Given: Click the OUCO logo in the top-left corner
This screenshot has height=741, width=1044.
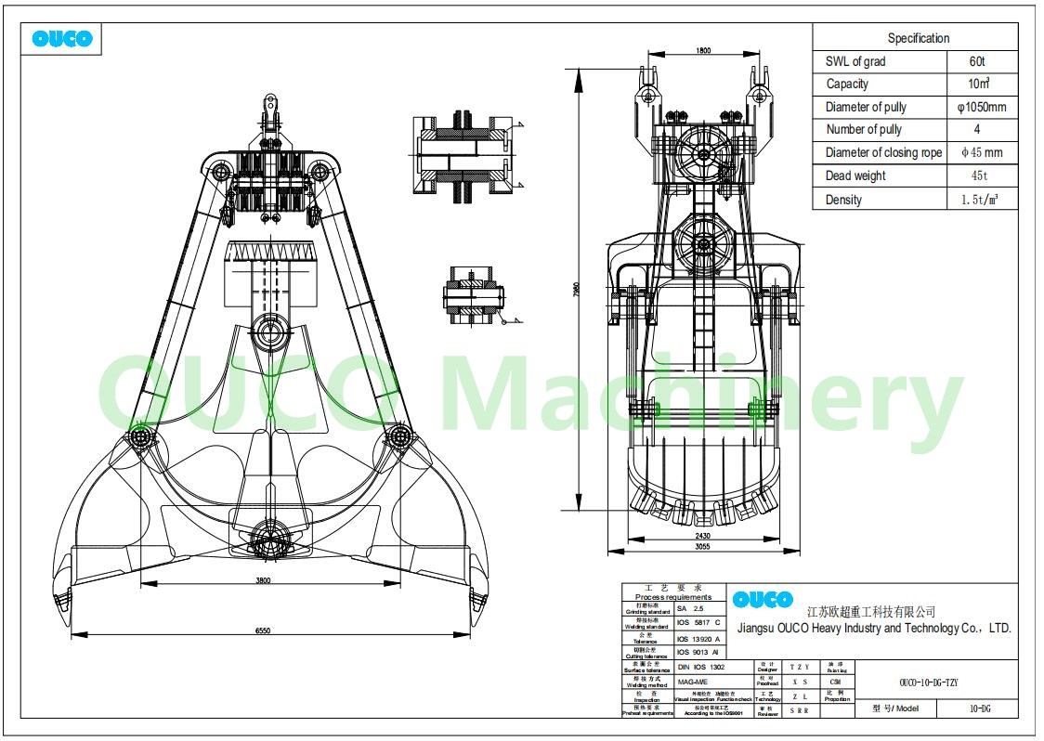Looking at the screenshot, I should (62, 39).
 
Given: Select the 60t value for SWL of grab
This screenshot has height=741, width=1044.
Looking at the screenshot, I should (976, 61).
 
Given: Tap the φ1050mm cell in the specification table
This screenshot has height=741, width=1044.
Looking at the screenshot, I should (982, 107).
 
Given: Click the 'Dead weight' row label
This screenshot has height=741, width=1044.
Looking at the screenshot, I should (855, 175).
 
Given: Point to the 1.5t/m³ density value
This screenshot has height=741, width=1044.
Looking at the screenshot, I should (979, 200).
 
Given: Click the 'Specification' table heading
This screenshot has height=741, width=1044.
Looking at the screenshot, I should (918, 38).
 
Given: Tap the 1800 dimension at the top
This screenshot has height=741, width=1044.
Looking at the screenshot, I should (702, 51).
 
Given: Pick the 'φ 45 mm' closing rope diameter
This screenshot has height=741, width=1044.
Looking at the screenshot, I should (982, 152).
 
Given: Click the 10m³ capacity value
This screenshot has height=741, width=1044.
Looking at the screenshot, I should (977, 84).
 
